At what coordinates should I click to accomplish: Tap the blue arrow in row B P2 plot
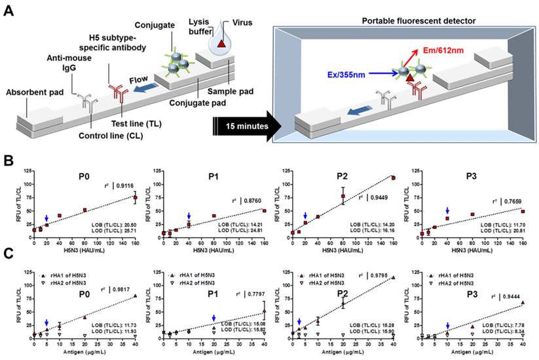click(x=305, y=215)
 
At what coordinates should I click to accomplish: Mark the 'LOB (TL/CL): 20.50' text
click(x=116, y=225)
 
